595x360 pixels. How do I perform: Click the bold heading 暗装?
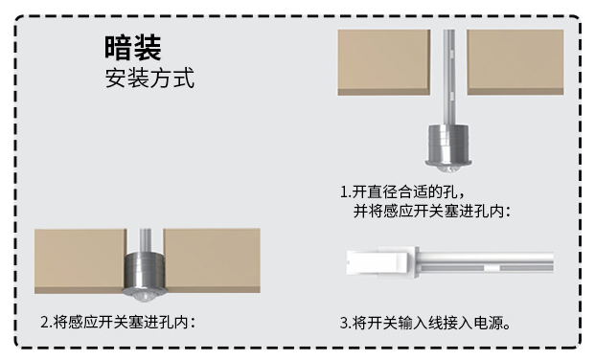click(133, 48)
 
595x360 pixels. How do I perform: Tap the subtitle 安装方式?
click(149, 79)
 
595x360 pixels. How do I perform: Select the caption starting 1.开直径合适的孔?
click(402, 191)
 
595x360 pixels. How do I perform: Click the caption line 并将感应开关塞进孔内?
click(432, 211)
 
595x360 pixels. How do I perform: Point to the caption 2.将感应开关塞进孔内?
click(118, 323)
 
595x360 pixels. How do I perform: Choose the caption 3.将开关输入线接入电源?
click(425, 324)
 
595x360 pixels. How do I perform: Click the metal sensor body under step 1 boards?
click(448, 145)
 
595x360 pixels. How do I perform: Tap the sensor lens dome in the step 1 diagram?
click(448, 169)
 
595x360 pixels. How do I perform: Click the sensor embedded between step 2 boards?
click(145, 271)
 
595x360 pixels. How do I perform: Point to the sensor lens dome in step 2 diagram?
click(145, 297)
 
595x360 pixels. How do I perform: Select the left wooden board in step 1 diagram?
click(384, 62)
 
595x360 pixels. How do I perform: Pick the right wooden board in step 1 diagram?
click(515, 62)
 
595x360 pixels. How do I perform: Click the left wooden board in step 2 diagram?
click(80, 261)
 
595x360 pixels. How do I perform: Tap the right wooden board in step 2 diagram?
click(212, 260)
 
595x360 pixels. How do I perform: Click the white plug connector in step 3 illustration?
click(382, 262)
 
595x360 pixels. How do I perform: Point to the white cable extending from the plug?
click(487, 262)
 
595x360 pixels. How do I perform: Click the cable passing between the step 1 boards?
click(449, 78)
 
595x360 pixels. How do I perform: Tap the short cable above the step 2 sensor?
click(145, 239)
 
